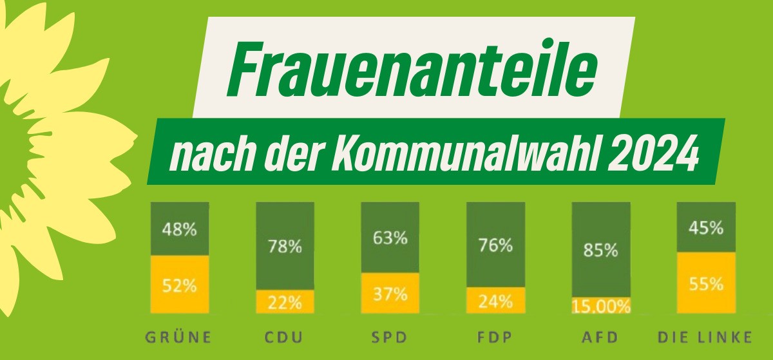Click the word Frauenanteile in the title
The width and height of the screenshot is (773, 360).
tap(413, 68)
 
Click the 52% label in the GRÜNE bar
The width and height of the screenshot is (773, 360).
tap(180, 285)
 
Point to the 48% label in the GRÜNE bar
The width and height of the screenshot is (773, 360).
tap(180, 229)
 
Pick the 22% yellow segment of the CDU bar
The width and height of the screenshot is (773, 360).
tap(285, 301)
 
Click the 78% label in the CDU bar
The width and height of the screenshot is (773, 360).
tap(285, 245)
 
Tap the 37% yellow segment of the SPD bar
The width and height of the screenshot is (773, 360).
tap(390, 294)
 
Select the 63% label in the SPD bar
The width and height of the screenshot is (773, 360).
tap(390, 238)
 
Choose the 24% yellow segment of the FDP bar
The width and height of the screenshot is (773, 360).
tap(495, 300)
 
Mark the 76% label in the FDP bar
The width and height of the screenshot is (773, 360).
tap(495, 245)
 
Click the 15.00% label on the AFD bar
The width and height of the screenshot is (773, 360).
tap(601, 307)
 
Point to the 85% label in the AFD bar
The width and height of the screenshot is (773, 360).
tap(601, 250)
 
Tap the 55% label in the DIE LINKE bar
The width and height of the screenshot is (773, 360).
tap(706, 283)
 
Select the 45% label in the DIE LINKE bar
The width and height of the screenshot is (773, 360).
tap(706, 228)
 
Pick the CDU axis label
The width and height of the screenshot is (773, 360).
tap(285, 337)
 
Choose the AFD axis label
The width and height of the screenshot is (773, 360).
tap(600, 337)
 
